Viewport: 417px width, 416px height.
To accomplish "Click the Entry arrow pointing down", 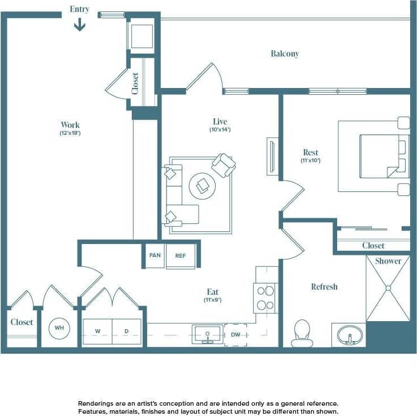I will pyautogui.click(x=79, y=25).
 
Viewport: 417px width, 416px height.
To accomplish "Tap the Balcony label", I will pyautogui.click(x=285, y=54).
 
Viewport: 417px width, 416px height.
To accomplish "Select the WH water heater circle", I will pyautogui.click(x=59, y=328).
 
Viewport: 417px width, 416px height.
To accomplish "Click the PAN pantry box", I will pyautogui.click(x=155, y=255).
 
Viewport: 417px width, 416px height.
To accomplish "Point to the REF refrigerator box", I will pyautogui.click(x=180, y=255).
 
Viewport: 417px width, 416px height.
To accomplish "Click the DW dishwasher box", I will pyautogui.click(x=236, y=335).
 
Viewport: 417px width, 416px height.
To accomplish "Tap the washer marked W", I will pyautogui.click(x=98, y=331).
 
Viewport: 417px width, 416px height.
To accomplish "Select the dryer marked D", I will pyautogui.click(x=126, y=331).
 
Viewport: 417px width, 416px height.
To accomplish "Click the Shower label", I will pyautogui.click(x=388, y=261).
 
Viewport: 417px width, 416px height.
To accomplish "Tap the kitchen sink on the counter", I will pyautogui.click(x=207, y=333).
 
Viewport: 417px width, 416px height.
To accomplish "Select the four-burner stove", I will pyautogui.click(x=265, y=297).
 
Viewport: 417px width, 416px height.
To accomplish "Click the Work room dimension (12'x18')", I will pyautogui.click(x=70, y=133).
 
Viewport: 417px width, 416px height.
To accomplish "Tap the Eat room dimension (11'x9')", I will pyautogui.click(x=213, y=300).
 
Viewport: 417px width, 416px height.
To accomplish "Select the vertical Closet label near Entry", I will pyautogui.click(x=135, y=83).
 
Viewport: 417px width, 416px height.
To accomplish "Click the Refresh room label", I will pyautogui.click(x=324, y=287).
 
